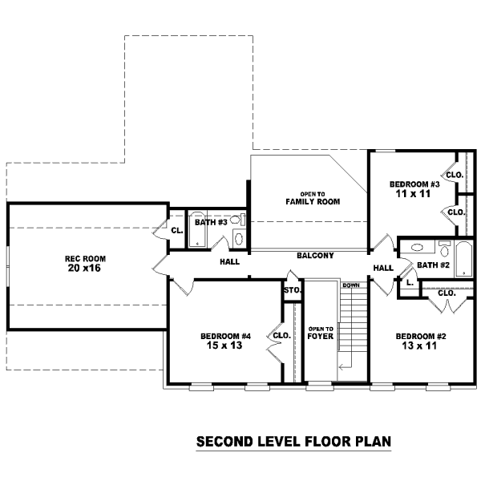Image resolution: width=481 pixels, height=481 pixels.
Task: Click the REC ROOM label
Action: pos(85,259)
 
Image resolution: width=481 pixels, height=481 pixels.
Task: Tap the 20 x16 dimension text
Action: pos(84,268)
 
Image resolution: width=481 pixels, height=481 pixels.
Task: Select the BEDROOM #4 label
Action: pos(225,336)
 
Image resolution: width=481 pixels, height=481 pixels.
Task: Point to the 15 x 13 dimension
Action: pos(224,346)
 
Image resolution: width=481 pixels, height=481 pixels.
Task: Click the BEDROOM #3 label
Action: pos(414,184)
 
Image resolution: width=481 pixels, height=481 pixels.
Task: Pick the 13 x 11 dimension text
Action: pos(419,346)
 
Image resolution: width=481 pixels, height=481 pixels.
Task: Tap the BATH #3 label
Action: pos(211,222)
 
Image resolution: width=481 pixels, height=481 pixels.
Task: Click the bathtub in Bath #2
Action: pos(463,259)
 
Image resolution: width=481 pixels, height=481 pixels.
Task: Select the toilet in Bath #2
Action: pos(444,249)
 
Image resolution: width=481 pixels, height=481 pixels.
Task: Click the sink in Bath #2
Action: pos(417,247)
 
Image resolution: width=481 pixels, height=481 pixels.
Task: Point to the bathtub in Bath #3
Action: pos(196,228)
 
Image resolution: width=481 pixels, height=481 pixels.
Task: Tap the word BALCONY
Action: pos(315,255)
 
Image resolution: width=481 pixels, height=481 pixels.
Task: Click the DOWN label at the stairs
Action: pos(351,285)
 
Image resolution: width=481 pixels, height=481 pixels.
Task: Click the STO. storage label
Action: pos(293,290)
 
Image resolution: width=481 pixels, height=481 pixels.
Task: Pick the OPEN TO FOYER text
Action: pos(321,333)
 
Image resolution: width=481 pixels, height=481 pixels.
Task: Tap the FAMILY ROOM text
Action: pos(313,201)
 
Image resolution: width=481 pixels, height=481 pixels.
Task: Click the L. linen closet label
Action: pos(410,282)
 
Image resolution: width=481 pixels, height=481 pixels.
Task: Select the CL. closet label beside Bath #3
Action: pos(177,230)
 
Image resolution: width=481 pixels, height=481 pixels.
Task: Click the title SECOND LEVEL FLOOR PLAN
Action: pos(293,442)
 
